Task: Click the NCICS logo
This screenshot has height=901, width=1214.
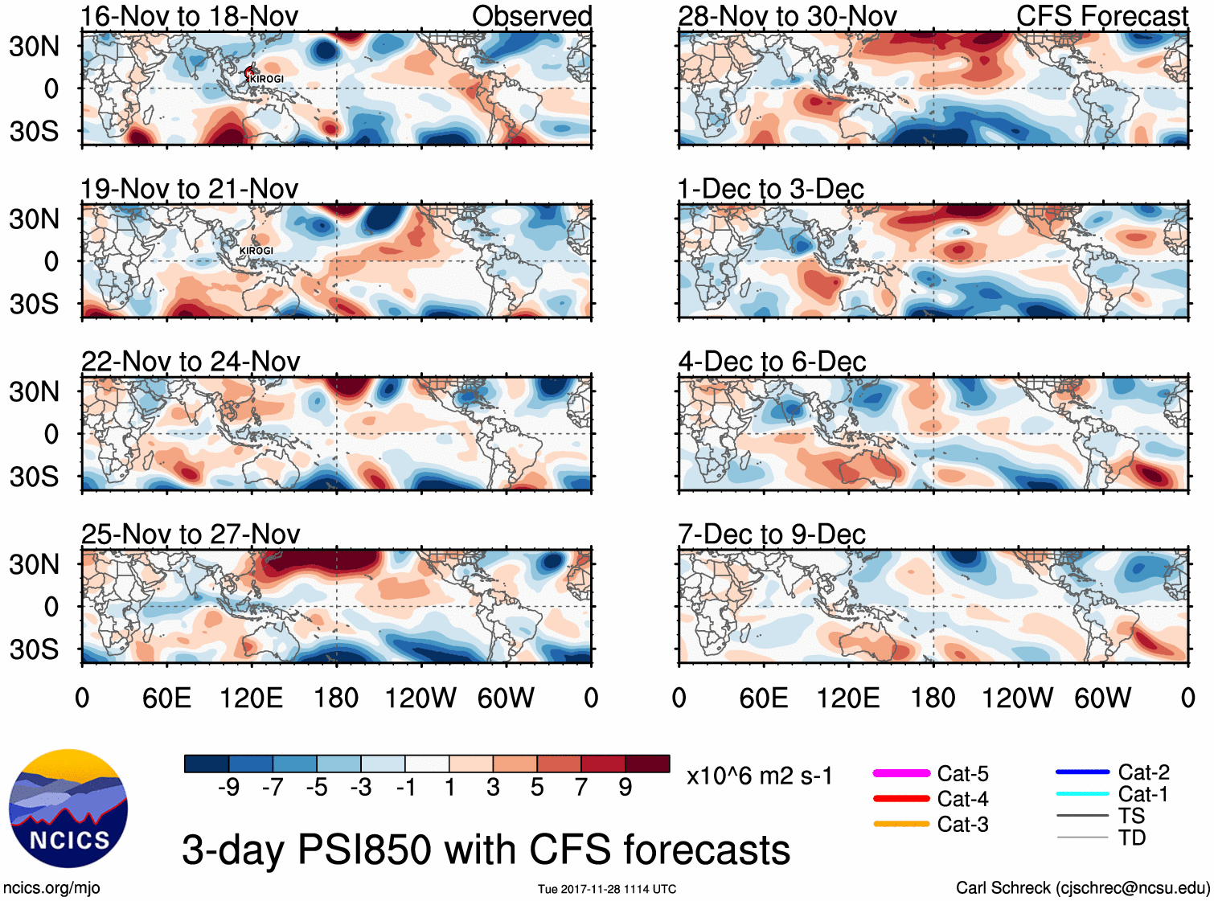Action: coord(68,808)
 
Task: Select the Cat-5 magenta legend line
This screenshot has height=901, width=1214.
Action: coord(901,773)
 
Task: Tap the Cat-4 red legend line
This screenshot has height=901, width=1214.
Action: coord(901,799)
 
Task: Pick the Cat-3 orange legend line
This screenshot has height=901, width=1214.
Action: coord(901,824)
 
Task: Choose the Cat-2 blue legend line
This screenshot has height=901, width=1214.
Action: coord(1082,772)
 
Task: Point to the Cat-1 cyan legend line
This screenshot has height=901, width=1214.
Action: coord(1082,794)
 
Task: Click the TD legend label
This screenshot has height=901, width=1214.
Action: coord(1132,838)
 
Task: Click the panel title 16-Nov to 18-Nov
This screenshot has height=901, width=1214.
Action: coord(190,16)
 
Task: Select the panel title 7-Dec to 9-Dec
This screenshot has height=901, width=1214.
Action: coord(772,534)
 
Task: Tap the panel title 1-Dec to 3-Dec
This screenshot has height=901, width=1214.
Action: coord(770,190)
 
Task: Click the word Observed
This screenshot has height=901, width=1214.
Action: coord(531,16)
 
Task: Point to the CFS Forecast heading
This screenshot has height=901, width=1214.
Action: coord(1101,16)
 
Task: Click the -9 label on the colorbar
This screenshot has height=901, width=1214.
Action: coord(229,788)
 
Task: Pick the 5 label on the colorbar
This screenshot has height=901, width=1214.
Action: coord(537,788)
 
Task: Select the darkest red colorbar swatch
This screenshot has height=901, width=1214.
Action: coord(647,764)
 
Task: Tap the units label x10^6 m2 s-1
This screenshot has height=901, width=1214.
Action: coord(759,776)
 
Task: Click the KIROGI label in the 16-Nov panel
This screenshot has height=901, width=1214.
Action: coord(266,79)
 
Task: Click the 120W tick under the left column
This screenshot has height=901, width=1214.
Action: coord(420,698)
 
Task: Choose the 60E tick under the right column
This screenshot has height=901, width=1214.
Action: coord(764,698)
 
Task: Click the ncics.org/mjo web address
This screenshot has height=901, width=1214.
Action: coord(51,888)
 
